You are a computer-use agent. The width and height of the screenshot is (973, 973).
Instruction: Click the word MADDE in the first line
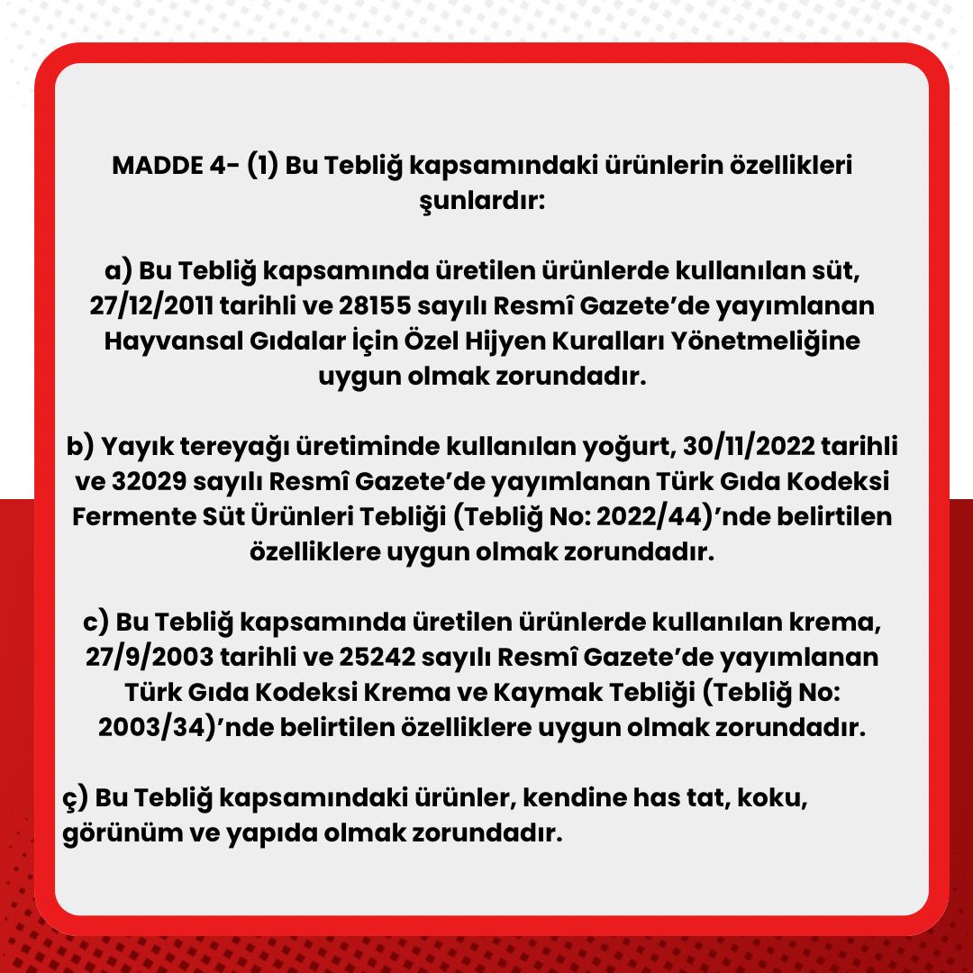pos(151,167)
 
